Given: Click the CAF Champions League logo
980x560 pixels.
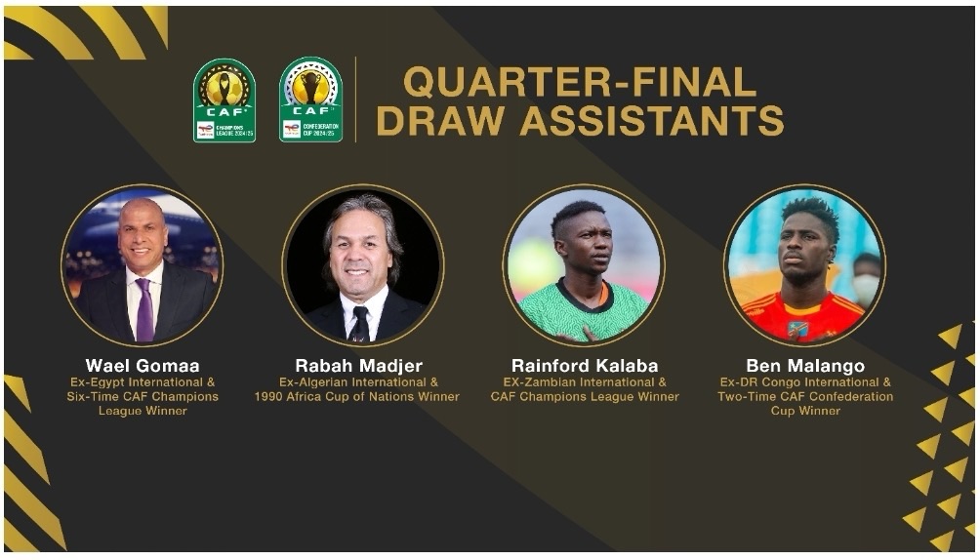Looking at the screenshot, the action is [x=225, y=100].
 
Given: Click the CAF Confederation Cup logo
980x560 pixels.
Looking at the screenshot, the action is [x=310, y=100].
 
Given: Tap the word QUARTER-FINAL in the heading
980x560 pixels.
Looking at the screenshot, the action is [x=580, y=81].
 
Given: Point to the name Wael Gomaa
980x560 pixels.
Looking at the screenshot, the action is [x=143, y=366].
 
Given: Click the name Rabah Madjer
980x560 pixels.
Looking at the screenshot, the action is [x=359, y=366].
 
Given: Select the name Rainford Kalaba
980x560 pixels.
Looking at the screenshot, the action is [x=585, y=366].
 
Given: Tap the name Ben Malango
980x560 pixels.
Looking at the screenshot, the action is [x=805, y=366].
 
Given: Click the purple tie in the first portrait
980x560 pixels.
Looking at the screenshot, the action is [x=144, y=309].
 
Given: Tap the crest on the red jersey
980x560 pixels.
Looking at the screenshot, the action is [x=797, y=328].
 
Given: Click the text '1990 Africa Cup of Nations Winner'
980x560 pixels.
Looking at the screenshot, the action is [x=357, y=397].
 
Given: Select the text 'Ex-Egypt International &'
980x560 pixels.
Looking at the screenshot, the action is [x=143, y=381].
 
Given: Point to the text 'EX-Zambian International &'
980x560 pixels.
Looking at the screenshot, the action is [x=585, y=381].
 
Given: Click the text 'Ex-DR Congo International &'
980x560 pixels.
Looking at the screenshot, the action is [x=805, y=381].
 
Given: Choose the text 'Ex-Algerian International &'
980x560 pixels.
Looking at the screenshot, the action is [x=359, y=381].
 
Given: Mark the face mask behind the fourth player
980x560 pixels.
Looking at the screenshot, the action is [x=866, y=288].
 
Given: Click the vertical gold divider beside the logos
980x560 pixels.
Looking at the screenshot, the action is [x=355, y=100].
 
